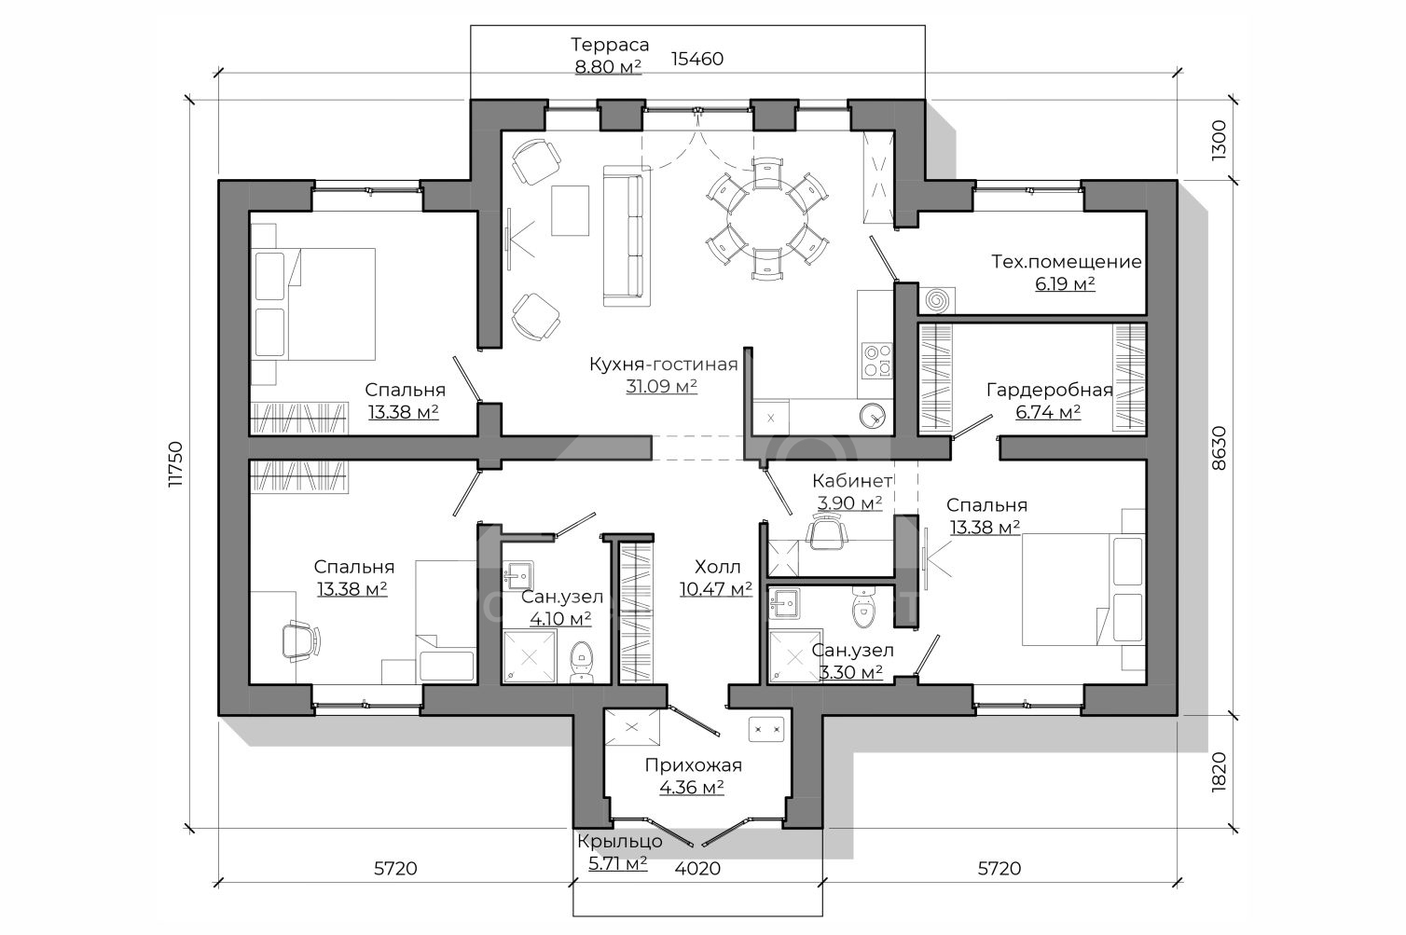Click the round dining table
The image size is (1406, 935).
766,216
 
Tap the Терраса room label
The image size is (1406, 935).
610,45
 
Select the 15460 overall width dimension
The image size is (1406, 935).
697,59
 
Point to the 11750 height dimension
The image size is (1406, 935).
175,463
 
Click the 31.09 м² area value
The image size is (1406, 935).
662,387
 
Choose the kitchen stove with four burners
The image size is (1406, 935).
876,360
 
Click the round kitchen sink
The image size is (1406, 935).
873,415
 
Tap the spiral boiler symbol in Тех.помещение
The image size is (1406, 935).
936,300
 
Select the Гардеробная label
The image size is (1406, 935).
1050,391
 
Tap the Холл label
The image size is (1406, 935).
717,568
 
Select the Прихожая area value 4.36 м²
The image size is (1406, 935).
692,788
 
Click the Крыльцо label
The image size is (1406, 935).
619,841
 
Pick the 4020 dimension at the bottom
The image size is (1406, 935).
697,869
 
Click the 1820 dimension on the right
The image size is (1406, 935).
1219,772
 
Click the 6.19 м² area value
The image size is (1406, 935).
1065,284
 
